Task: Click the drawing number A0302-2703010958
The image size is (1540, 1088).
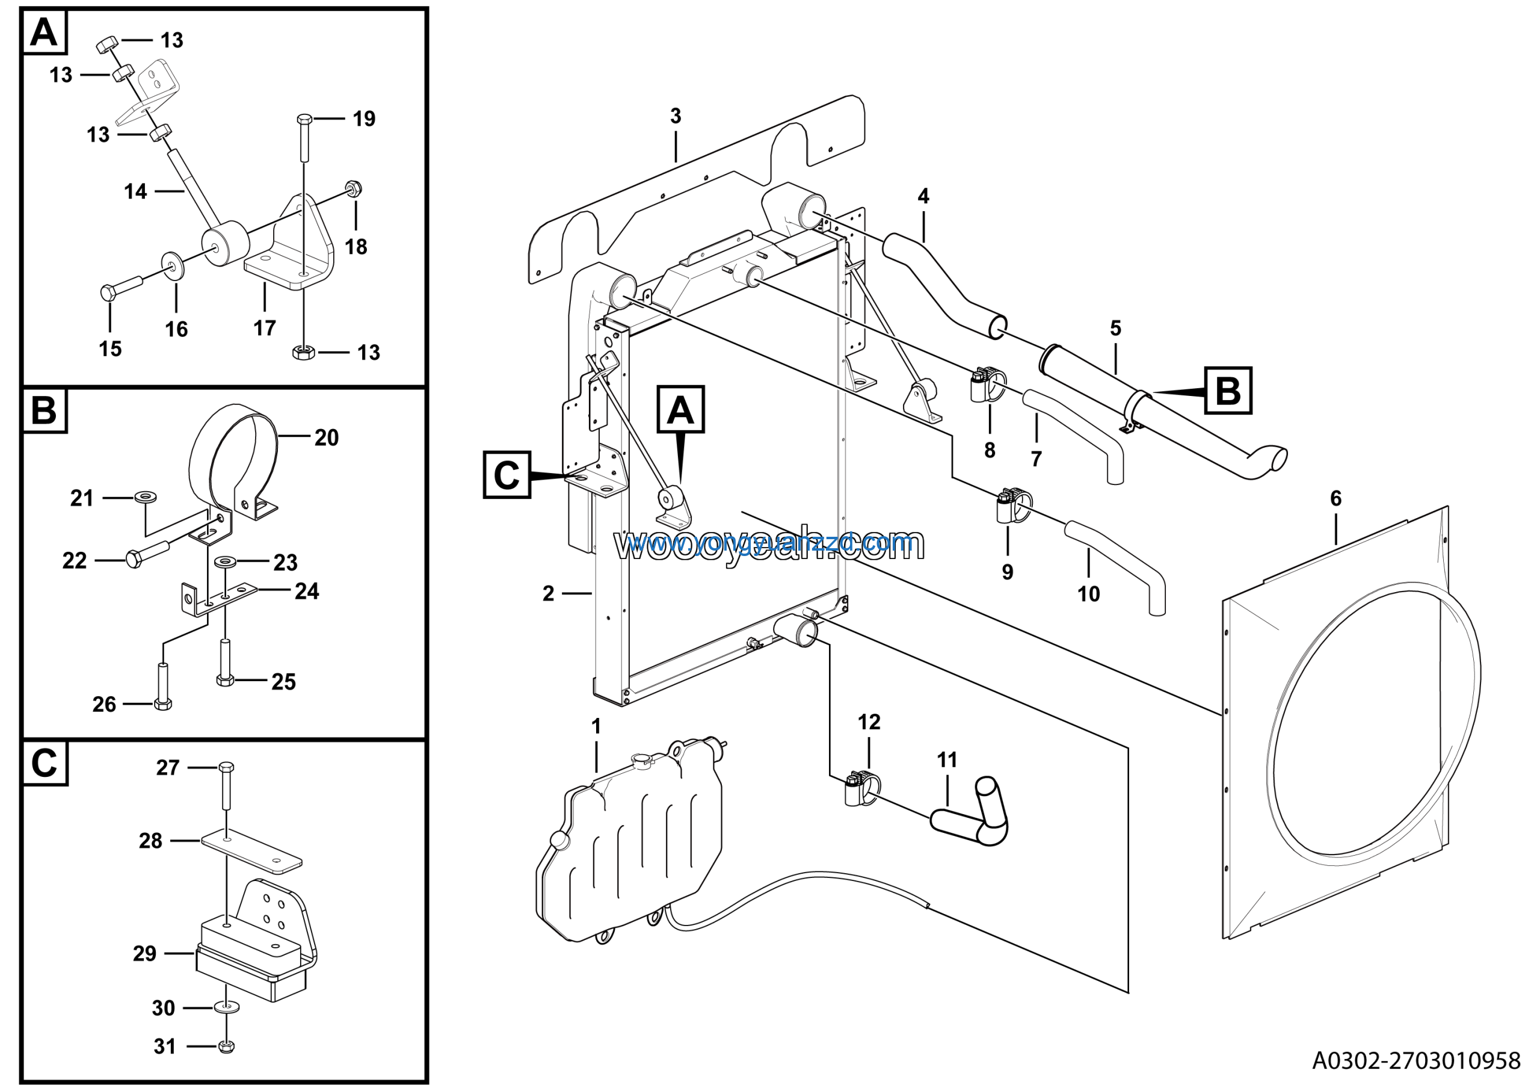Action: (x=1416, y=1060)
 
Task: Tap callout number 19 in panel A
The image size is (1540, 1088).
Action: (x=363, y=119)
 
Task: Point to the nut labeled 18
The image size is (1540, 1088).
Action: (x=354, y=188)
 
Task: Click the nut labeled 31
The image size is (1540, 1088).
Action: (x=226, y=1046)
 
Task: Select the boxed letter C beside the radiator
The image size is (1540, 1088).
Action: (x=507, y=475)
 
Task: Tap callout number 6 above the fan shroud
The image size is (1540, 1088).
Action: (x=1335, y=498)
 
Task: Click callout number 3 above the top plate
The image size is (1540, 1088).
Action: (x=676, y=116)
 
